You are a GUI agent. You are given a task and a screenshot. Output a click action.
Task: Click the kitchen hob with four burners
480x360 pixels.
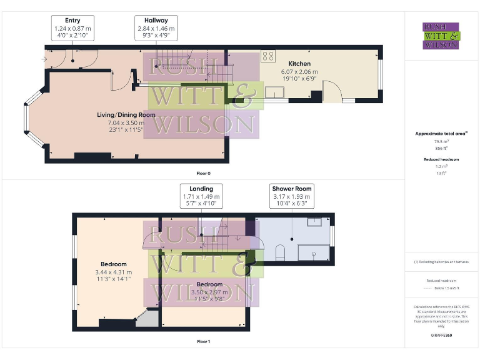coord(267,56)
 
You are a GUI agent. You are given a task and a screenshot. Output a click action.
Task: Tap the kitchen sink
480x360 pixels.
coord(273,92)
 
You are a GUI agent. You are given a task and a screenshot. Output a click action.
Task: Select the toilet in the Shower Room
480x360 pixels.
coord(279,252)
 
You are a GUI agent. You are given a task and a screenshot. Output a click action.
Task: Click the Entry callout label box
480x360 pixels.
coord(72,27)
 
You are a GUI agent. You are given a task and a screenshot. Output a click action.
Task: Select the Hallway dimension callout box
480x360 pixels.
coord(156,27)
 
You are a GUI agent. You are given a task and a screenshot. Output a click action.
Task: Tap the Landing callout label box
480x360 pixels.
coord(201,196)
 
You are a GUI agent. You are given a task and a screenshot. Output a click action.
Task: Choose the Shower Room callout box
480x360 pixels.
coord(291,196)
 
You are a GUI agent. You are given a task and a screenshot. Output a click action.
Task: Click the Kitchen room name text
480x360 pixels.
coord(299,64)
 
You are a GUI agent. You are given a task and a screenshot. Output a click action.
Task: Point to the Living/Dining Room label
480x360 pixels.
coord(126,115)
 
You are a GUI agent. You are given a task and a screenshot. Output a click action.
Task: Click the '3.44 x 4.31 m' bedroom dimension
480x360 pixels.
coord(113,272)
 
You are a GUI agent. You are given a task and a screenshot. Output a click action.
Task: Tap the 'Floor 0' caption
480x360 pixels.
coord(203,172)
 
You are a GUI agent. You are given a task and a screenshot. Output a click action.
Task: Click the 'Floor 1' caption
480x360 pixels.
coord(203,342)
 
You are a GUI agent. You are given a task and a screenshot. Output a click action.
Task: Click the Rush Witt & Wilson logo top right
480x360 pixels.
coord(441,36)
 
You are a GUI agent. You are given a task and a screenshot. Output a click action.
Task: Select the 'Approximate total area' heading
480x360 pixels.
coord(441,134)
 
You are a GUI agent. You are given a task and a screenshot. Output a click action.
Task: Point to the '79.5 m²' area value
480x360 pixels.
coord(441,142)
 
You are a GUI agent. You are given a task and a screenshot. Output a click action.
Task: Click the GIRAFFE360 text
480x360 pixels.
coord(441,336)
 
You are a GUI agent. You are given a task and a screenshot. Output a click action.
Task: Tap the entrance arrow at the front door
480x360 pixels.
coord(42,59)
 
